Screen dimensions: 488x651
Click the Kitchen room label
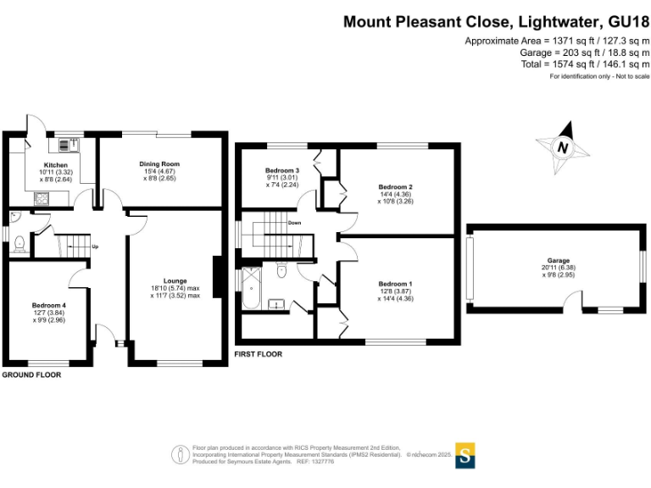tap(55, 165)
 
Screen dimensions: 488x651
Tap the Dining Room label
tap(159, 164)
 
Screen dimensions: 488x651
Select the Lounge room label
tap(175, 280)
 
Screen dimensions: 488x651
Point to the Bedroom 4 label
tap(48, 305)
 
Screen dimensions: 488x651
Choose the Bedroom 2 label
tap(395, 186)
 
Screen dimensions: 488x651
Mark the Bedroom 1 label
tap(395, 283)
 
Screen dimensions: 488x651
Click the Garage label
tap(558, 260)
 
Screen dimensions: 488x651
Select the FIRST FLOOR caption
tap(258, 354)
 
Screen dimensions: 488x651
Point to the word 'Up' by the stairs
tap(95, 247)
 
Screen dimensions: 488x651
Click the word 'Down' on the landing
tap(294, 224)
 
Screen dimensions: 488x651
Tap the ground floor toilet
tap(19, 244)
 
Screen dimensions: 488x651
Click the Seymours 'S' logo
tap(465, 455)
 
